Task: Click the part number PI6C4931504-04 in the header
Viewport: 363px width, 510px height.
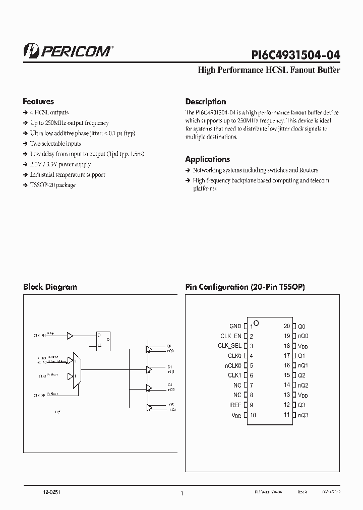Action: (295, 54)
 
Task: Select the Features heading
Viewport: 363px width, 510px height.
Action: (38, 101)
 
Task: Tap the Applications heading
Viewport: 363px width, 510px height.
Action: (207, 159)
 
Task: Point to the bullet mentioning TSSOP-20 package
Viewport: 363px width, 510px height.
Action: (52, 185)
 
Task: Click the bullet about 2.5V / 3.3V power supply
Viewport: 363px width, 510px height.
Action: (60, 164)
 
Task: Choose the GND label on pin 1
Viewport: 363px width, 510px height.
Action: (235, 326)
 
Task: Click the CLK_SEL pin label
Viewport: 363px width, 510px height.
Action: (229, 346)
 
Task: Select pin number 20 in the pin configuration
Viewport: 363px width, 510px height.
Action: (287, 326)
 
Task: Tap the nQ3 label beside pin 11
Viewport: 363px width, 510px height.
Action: (303, 415)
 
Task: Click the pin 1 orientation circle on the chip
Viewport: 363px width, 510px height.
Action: (256, 323)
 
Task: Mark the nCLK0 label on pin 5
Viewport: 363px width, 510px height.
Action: (233, 365)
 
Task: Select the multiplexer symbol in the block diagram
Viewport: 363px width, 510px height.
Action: (77, 370)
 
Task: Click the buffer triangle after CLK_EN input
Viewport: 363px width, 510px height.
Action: (70, 335)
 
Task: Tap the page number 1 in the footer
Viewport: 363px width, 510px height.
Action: (181, 494)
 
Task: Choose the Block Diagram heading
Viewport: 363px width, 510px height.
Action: (50, 287)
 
